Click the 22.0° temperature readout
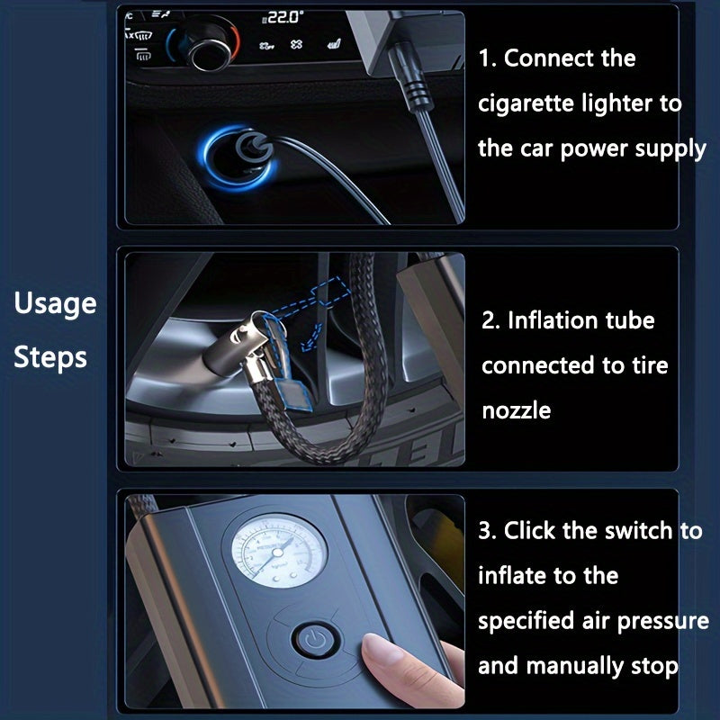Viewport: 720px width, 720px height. (x=283, y=17)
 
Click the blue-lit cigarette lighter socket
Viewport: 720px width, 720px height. (x=238, y=157)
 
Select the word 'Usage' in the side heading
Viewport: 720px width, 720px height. (x=55, y=304)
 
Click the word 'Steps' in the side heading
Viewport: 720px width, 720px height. (x=50, y=358)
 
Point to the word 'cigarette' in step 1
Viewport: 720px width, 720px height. (x=526, y=103)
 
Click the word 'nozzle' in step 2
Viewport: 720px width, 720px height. (x=516, y=410)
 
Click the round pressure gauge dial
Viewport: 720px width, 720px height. (x=278, y=551)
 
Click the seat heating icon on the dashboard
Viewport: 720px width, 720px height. (x=334, y=43)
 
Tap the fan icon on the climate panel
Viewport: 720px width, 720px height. (x=296, y=44)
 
